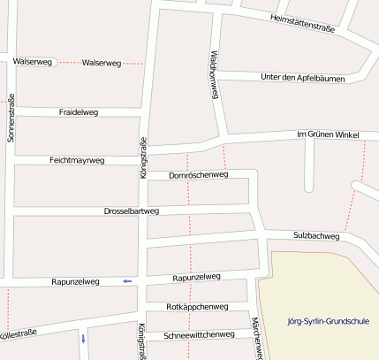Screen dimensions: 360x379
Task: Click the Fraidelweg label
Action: point(78,113)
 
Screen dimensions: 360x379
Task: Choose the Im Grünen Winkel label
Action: point(327,134)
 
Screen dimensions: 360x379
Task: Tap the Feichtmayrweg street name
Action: point(77,160)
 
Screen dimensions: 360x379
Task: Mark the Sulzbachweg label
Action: point(315,236)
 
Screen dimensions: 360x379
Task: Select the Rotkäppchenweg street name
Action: point(197,306)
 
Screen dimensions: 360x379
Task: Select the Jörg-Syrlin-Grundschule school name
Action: point(329,322)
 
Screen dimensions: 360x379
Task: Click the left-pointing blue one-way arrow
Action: point(127,281)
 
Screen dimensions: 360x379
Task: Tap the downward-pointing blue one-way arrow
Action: point(83,338)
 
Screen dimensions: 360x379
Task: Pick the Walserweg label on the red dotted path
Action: point(101,63)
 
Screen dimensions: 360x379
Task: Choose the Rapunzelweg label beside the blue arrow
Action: point(76,281)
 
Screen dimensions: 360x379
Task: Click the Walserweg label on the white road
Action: point(33,62)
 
